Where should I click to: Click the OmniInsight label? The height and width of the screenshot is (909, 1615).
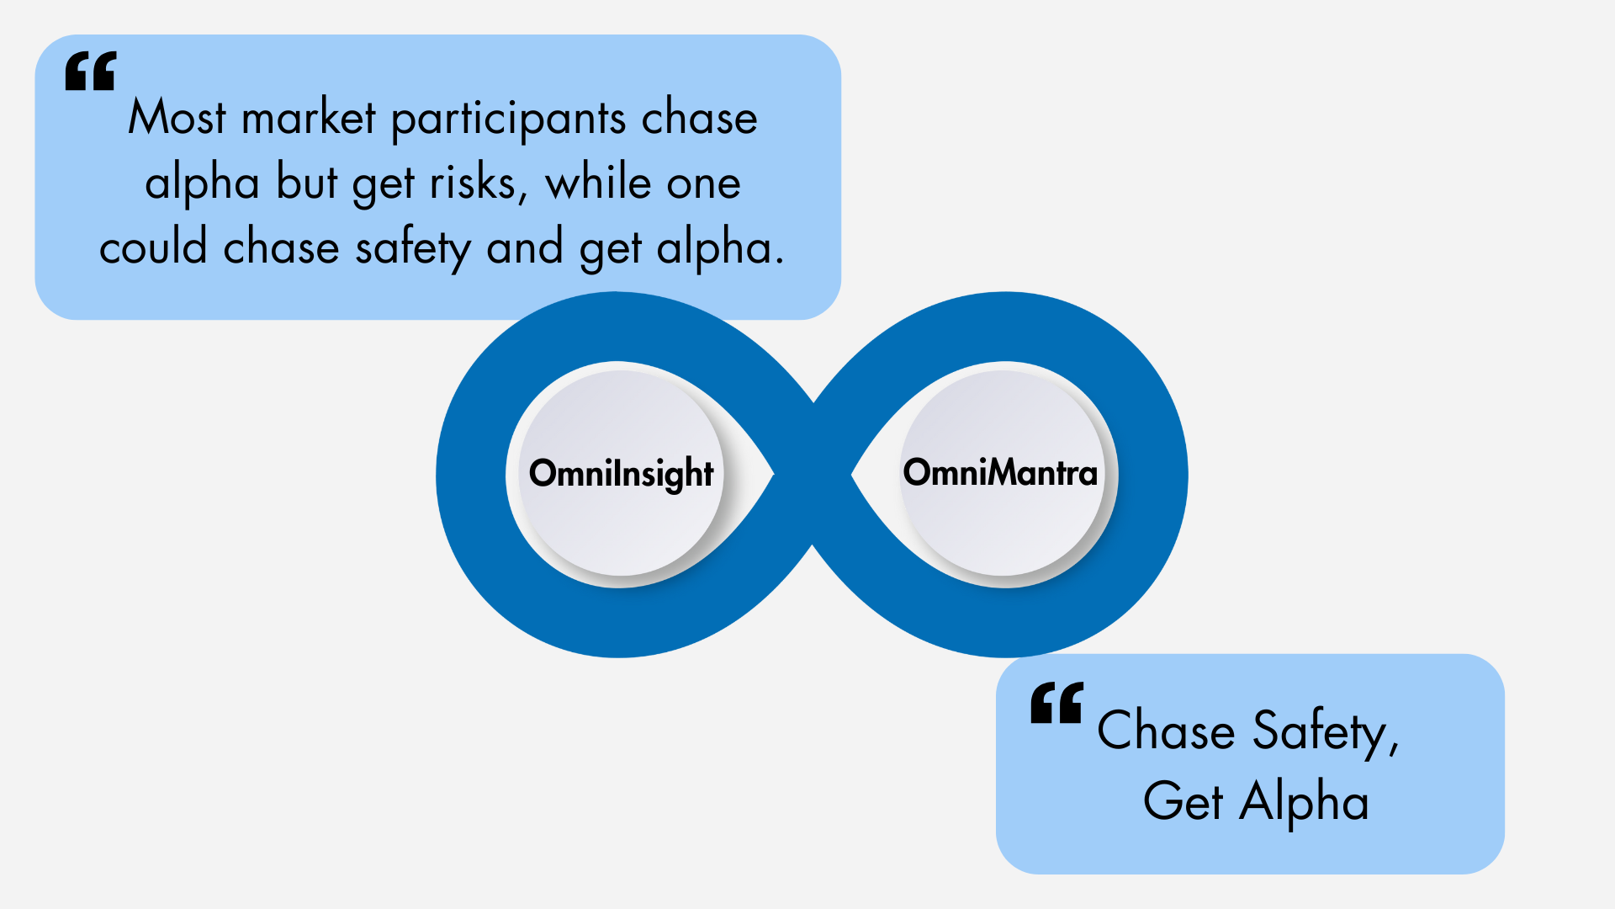(621, 474)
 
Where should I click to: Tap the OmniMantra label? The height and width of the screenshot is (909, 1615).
(1000, 472)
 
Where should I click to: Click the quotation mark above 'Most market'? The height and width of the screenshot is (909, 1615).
(91, 71)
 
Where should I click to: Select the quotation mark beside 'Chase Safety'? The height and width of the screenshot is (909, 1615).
(1057, 703)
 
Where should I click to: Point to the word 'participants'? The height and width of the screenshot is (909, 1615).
(509, 119)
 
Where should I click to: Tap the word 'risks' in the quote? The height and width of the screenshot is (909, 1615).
(478, 183)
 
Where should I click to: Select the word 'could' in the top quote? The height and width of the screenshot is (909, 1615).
(153, 247)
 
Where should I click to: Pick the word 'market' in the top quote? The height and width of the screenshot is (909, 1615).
(308, 117)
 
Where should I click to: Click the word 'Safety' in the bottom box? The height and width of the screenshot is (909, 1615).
(1326, 731)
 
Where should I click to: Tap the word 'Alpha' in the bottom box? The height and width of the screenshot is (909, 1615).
(1304, 801)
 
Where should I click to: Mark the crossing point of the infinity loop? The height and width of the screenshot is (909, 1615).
(813, 475)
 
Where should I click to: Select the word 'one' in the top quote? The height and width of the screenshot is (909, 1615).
(703, 184)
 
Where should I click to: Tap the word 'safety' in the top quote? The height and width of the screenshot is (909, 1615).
(413, 249)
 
